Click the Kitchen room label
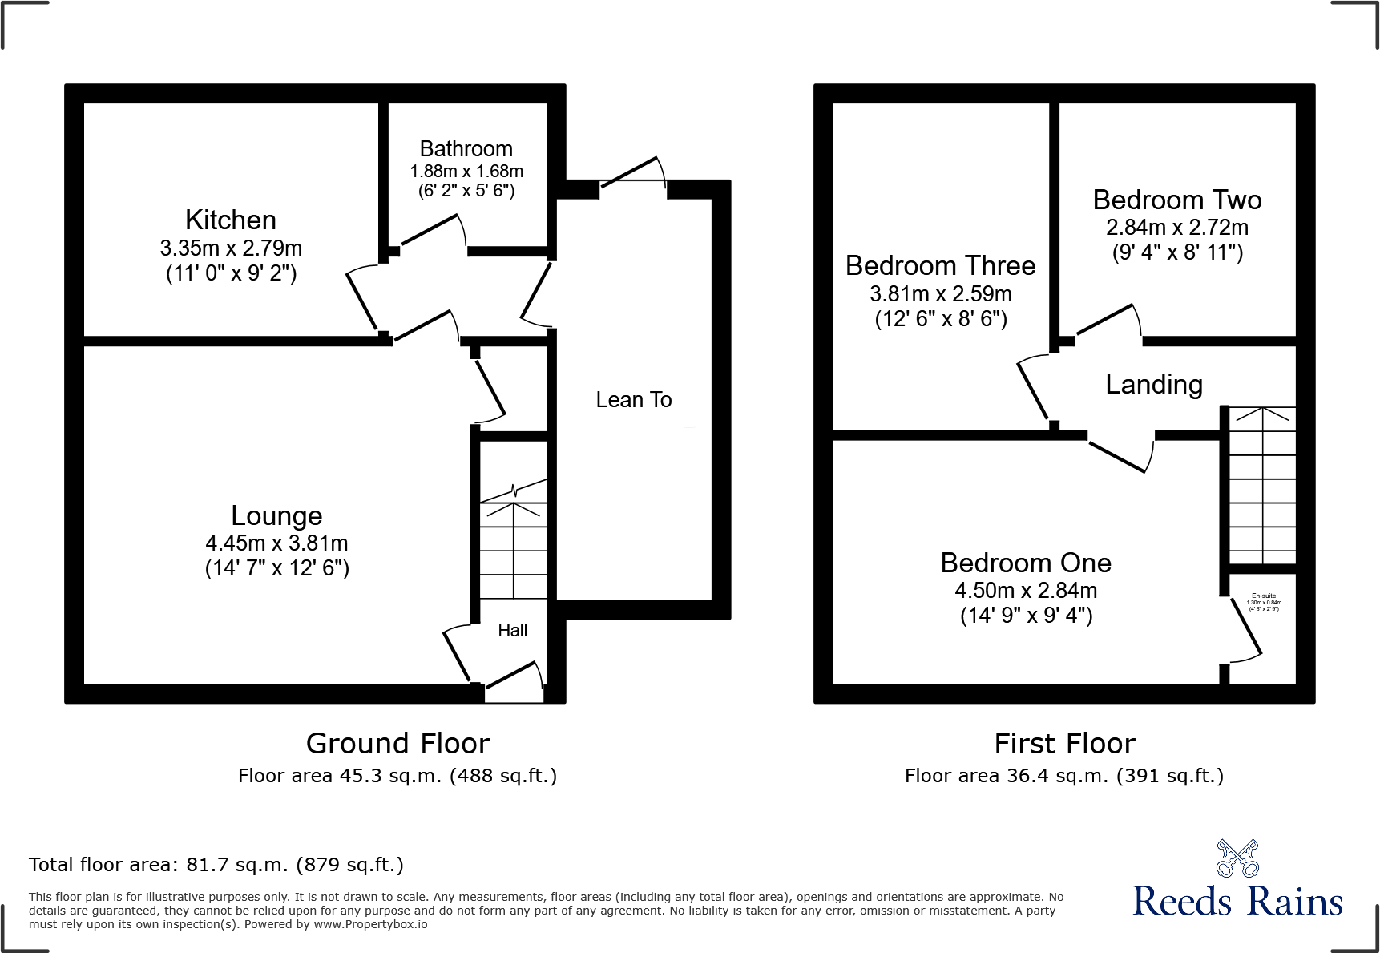[231, 220]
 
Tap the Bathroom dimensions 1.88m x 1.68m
[466, 171]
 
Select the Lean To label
[633, 399]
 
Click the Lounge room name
[276, 515]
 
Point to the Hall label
[512, 631]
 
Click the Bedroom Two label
[1176, 200]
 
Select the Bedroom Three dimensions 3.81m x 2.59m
[940, 293]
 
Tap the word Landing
[1153, 385]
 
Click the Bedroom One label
[1025, 563]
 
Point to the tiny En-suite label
[1263, 596]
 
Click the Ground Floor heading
[397, 744]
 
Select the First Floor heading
[1064, 744]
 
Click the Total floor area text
[216, 865]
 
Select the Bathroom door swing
[433, 232]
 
